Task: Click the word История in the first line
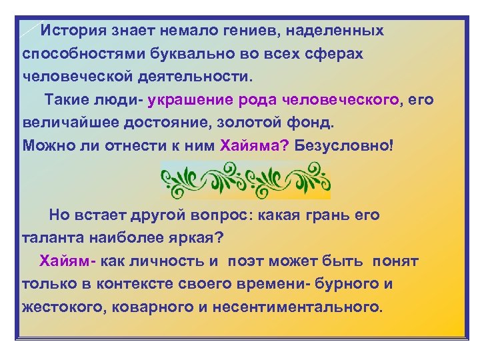[71, 31]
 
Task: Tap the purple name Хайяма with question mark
[253, 147]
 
